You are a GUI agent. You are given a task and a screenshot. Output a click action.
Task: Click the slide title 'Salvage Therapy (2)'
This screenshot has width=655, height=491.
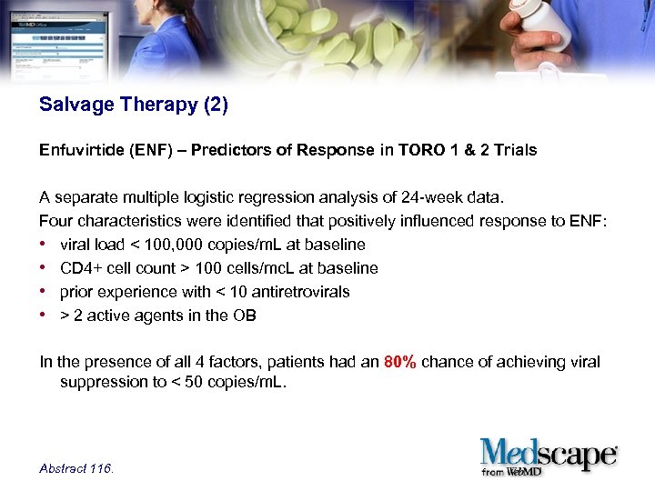[134, 105]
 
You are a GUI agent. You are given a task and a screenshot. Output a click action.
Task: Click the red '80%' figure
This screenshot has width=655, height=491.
[400, 362]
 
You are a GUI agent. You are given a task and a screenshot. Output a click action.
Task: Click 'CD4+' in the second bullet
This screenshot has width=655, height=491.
[78, 268]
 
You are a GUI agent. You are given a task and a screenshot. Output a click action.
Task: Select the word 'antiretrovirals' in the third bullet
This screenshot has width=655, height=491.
[303, 292]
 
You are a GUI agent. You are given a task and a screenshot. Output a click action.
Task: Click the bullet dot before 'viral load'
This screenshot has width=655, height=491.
[45, 245]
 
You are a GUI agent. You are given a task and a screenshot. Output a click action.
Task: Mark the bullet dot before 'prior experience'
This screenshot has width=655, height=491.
[45, 292]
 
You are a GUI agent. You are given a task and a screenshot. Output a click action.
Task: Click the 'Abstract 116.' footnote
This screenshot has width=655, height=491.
[77, 468]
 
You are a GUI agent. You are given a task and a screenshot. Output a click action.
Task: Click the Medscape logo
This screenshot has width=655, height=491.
[549, 453]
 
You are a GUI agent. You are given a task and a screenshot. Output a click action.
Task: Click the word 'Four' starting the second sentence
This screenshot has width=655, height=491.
[55, 221]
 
